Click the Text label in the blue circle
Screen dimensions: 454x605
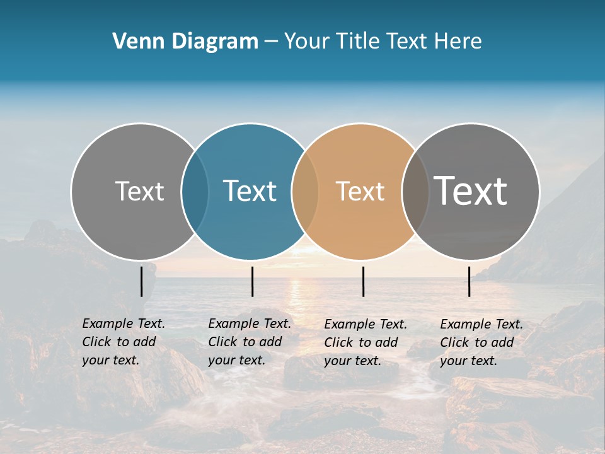(250, 191)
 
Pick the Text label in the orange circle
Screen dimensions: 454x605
(360, 191)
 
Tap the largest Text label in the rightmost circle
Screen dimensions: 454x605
(471, 190)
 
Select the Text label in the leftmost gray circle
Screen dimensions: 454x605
(139, 191)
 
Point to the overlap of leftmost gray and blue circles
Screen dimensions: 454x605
(195, 191)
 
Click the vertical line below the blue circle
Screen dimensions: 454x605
(252, 281)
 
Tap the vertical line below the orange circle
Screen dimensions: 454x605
(363, 281)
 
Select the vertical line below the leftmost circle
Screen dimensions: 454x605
(141, 281)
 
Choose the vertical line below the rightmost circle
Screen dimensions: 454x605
(469, 281)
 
